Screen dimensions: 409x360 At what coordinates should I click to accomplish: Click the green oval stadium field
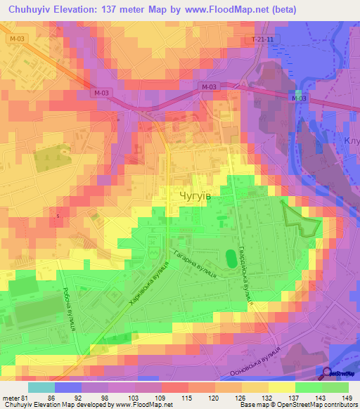(x=231, y=259)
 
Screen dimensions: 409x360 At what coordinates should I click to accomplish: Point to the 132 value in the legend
(x=266, y=397)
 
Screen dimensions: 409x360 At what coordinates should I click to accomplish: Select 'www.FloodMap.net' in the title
(x=228, y=10)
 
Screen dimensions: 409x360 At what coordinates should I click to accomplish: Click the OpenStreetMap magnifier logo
(x=328, y=373)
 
